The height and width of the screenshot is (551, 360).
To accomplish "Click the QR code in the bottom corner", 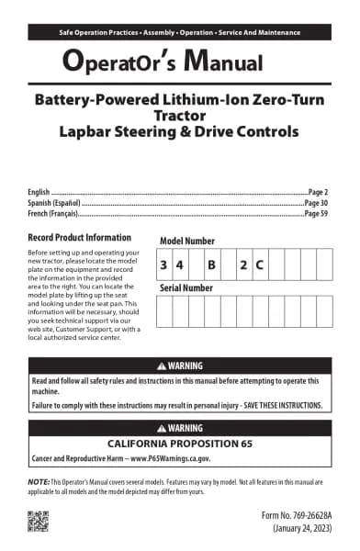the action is (38, 521).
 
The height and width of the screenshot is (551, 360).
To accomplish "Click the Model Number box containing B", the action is (211, 264).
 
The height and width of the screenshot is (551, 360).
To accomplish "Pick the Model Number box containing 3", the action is (163, 264).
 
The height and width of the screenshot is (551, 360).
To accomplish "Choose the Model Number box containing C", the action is (260, 264).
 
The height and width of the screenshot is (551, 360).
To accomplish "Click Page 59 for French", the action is (316, 213).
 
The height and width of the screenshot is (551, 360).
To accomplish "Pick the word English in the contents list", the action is (41, 191).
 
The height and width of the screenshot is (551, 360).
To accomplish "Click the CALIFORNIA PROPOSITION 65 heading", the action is (180, 442).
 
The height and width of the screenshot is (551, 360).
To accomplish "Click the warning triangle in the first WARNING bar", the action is (162, 365).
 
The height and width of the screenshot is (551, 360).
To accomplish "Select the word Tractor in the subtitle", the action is (180, 115).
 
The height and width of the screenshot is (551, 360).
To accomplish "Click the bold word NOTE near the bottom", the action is (39, 482).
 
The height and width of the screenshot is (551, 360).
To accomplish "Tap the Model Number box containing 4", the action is (180, 264).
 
